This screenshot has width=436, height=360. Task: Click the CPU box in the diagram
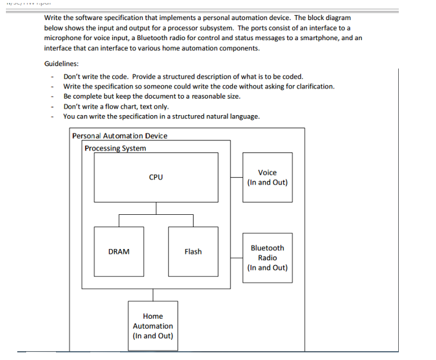pos(156,177)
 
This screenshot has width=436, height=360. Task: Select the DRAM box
pos(119,251)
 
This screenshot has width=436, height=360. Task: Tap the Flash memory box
pos(193,251)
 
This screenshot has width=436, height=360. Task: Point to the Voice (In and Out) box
pos(267,177)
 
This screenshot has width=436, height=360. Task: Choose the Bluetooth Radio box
pos(267,258)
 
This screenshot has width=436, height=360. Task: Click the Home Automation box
pos(152,326)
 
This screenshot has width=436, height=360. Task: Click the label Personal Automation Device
pos(119,136)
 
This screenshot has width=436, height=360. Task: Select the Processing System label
pos(115,148)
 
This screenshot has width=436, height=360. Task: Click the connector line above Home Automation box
pos(153,294)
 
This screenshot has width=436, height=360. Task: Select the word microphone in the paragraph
pos(66,38)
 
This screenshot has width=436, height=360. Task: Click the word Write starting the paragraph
pos(54,18)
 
